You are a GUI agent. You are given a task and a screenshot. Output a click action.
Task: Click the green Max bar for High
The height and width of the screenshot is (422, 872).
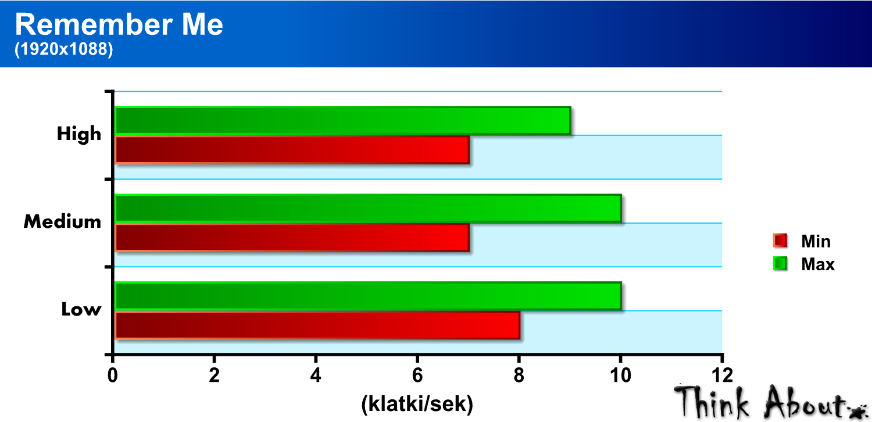tap(343, 120)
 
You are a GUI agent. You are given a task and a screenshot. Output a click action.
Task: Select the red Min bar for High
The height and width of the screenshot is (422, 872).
tap(292, 150)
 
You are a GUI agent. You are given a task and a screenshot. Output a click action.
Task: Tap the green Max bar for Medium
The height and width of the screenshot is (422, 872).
tap(368, 208)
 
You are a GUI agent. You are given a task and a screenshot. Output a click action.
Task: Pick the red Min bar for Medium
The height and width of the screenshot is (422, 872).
tap(292, 238)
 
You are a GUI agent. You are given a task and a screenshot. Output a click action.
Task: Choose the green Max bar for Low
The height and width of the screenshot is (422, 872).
tap(368, 296)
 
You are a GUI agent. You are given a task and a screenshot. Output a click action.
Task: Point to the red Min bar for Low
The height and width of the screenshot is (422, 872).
tap(317, 326)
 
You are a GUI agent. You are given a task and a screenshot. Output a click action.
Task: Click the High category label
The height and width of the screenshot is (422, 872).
tap(79, 134)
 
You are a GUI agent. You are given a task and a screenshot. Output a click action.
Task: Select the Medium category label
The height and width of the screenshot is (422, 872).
tap(62, 221)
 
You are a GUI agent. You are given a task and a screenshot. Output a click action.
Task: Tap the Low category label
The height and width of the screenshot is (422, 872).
tap(81, 309)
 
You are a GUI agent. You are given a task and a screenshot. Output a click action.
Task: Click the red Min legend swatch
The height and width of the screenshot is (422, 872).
tap(780, 241)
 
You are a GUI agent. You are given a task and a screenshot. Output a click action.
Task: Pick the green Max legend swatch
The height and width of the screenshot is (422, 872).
tap(780, 264)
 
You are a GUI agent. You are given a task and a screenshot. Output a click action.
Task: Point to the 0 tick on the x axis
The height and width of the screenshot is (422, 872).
tap(113, 374)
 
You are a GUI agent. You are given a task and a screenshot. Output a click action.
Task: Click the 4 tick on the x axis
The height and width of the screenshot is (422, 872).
tap(316, 374)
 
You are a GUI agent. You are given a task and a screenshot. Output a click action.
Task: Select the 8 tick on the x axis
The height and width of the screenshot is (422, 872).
tap(519, 374)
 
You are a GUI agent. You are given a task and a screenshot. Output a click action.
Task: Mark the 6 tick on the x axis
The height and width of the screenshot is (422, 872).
tap(417, 374)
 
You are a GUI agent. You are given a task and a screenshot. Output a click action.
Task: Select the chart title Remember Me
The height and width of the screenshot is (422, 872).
tap(119, 26)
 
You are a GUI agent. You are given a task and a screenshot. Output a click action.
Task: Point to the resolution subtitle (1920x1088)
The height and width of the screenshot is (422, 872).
tap(64, 50)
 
